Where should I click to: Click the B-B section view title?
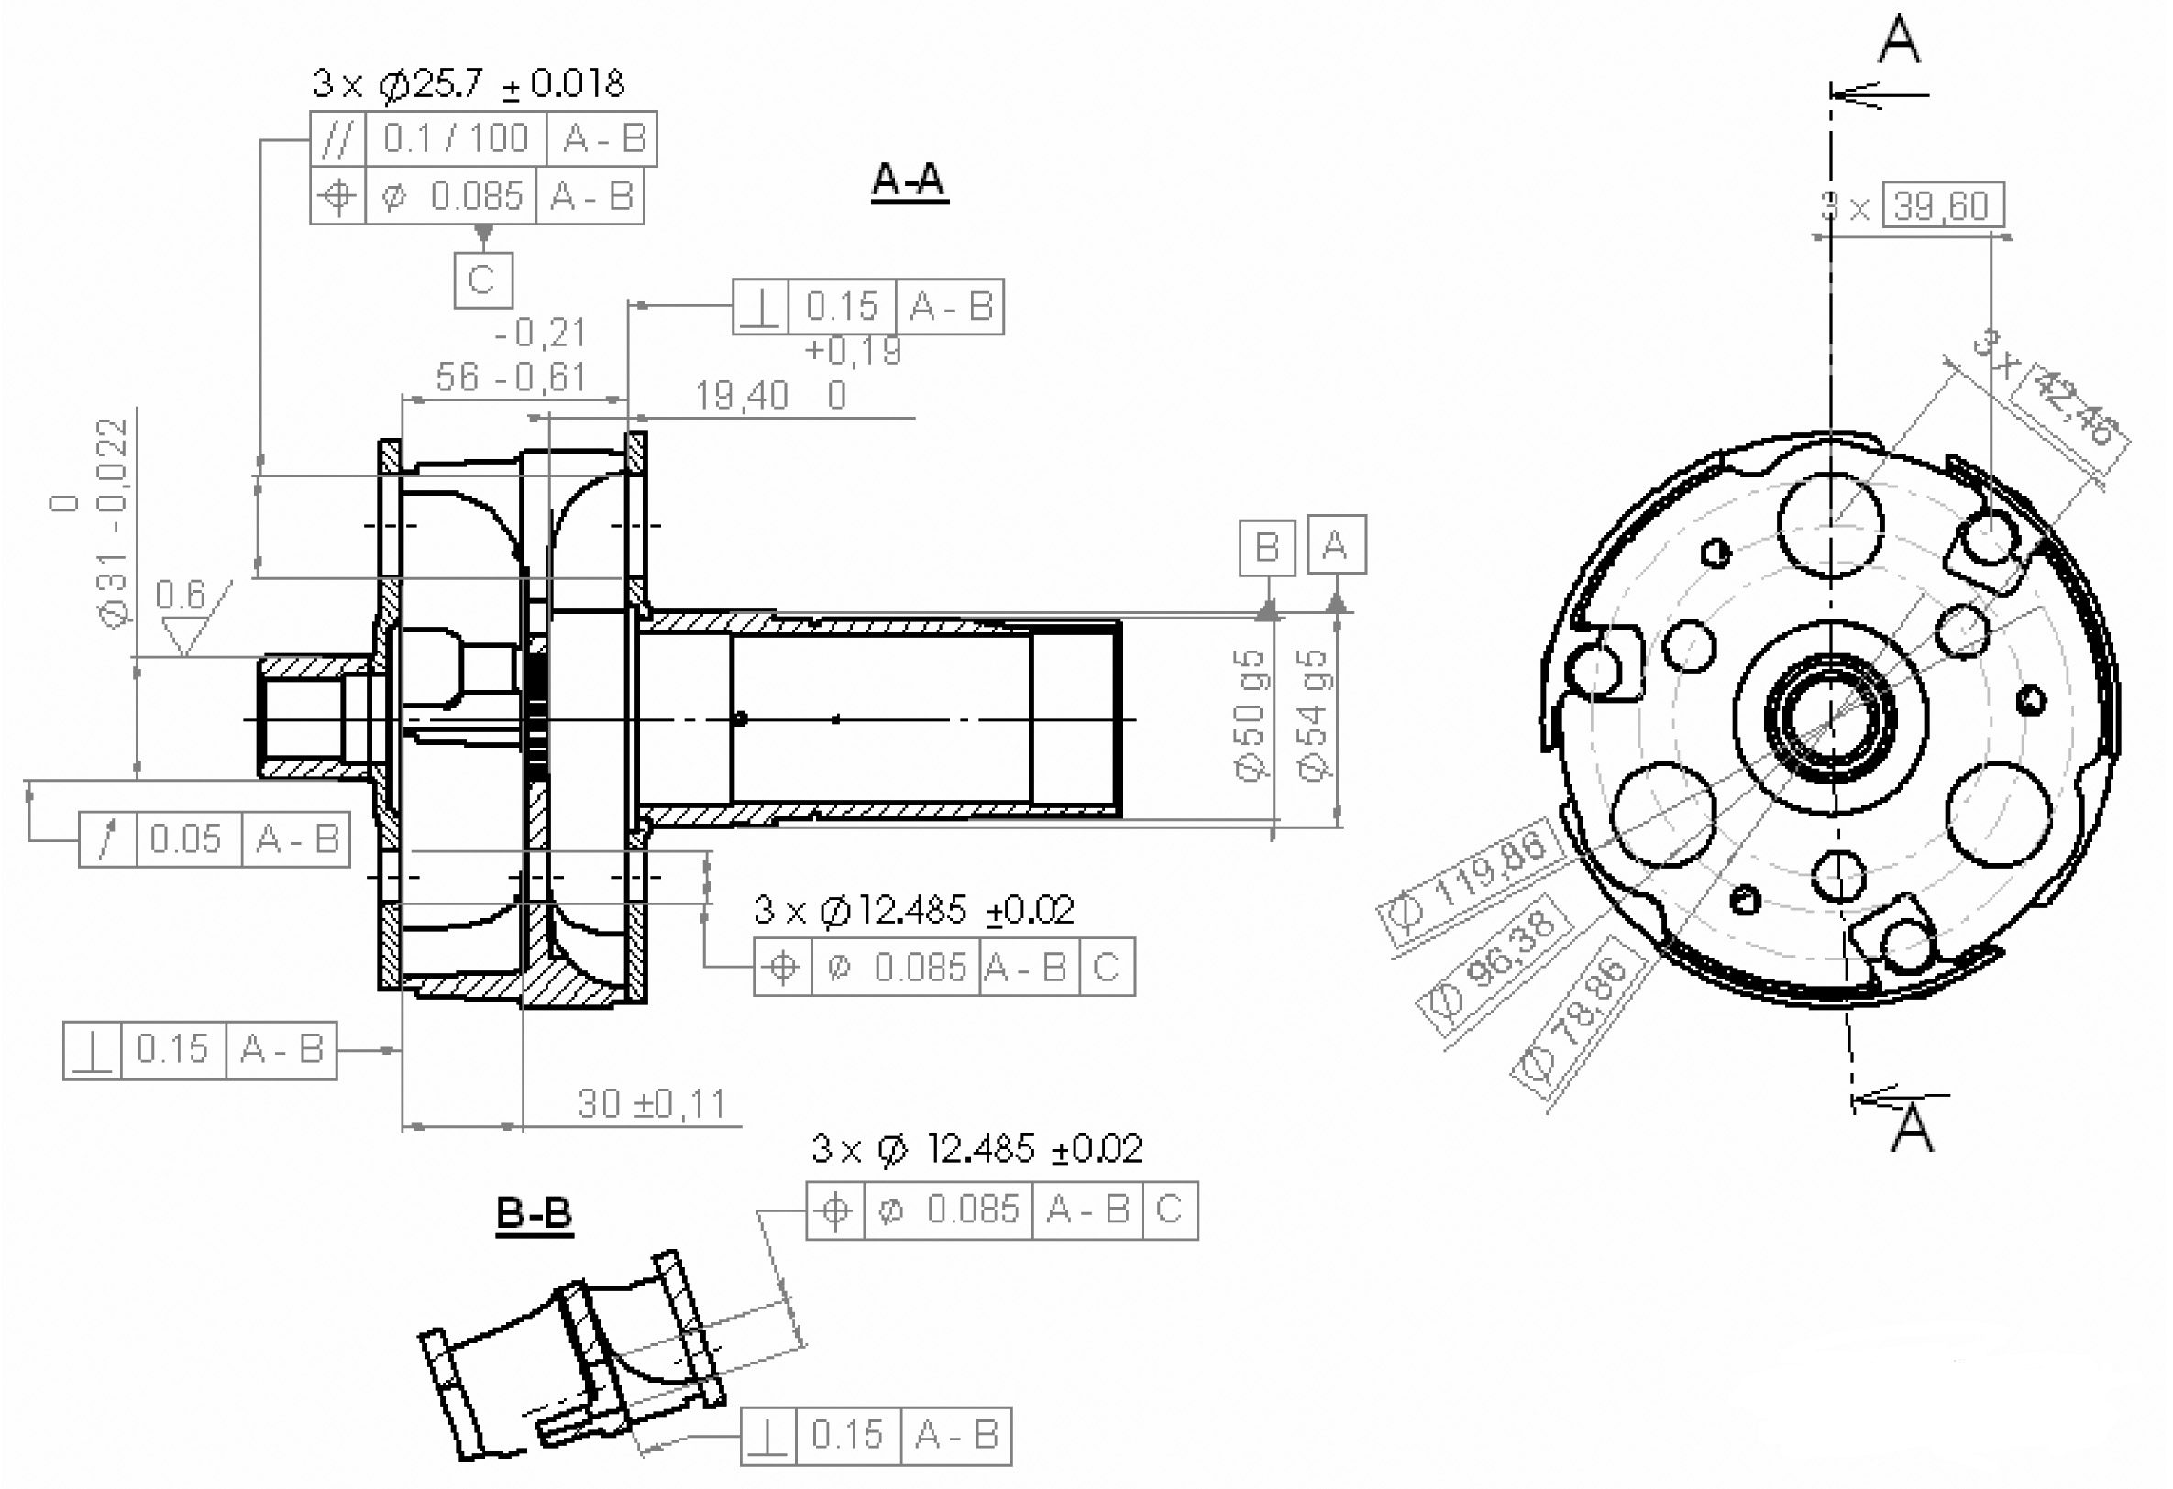533,1213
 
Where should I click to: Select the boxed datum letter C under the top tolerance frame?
482,279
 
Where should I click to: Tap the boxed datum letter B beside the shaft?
1267,547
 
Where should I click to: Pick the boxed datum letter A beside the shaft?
1336,544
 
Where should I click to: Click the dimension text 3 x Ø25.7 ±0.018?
469,84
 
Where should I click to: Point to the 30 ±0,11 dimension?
652,1104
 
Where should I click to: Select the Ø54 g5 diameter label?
1314,715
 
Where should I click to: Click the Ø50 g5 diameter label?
1250,715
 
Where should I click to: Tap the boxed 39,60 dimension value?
1942,205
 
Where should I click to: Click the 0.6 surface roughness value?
180,595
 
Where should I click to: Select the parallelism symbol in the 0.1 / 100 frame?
337,139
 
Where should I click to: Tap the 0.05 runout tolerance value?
185,839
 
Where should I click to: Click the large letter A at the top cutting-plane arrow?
1899,39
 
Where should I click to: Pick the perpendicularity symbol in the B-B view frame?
767,1435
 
